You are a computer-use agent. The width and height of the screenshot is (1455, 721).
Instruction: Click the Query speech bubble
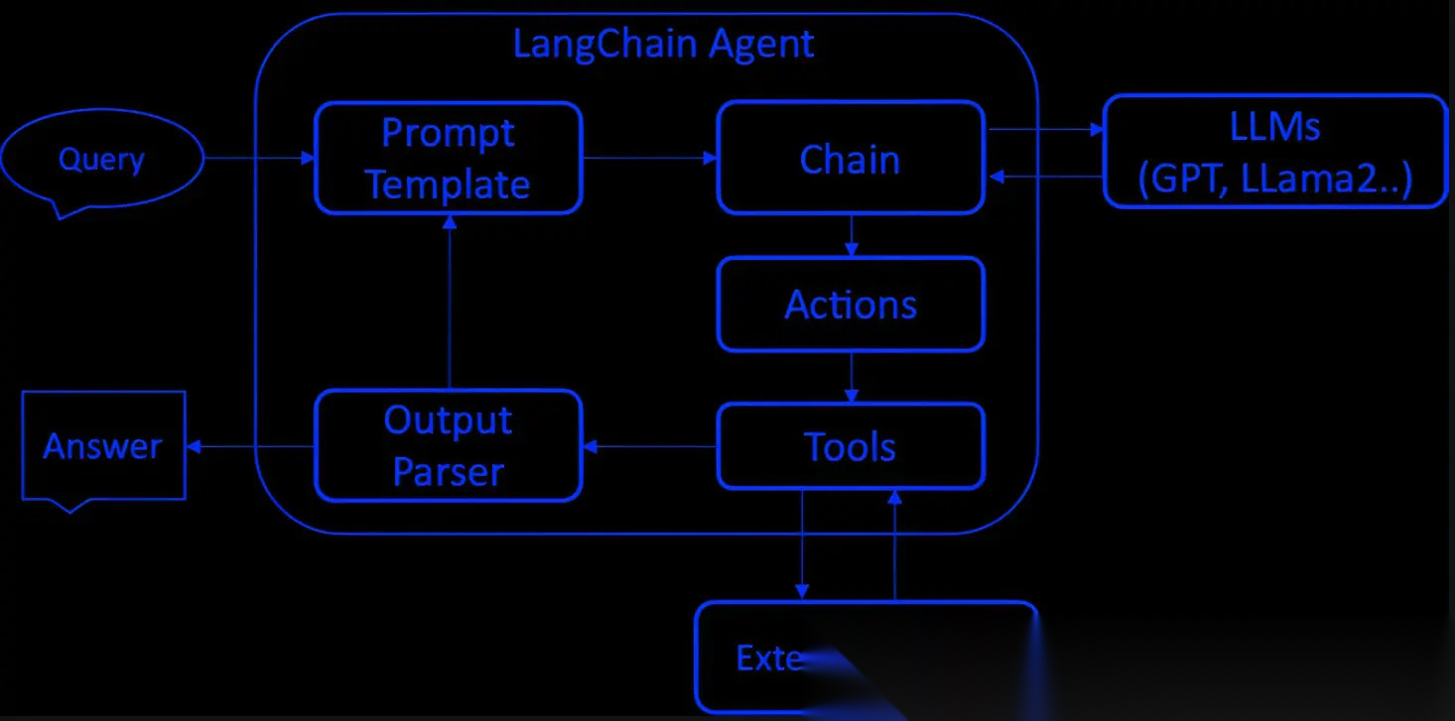[x=101, y=160]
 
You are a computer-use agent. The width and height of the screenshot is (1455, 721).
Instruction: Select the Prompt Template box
[x=448, y=158]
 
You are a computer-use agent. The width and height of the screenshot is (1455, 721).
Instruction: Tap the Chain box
[x=851, y=158]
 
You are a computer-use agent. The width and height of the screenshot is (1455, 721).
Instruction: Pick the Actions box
[x=851, y=304]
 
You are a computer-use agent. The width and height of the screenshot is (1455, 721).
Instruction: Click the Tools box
[x=851, y=446]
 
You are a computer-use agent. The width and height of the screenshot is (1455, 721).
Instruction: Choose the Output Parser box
[x=448, y=446]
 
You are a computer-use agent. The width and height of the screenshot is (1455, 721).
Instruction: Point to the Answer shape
[x=103, y=446]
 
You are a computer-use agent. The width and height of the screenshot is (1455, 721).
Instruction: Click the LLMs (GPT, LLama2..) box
[x=1275, y=152]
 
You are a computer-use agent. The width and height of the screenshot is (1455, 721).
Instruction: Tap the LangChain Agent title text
[x=663, y=44]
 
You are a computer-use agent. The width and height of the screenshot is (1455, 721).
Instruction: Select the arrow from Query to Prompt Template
[x=259, y=158]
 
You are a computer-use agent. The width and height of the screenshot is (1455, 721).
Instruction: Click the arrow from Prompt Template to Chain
[x=649, y=158]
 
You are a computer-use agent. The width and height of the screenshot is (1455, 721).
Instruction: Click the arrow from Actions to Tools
[x=852, y=377]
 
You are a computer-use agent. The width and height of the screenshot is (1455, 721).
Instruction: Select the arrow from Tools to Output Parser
[x=649, y=447]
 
